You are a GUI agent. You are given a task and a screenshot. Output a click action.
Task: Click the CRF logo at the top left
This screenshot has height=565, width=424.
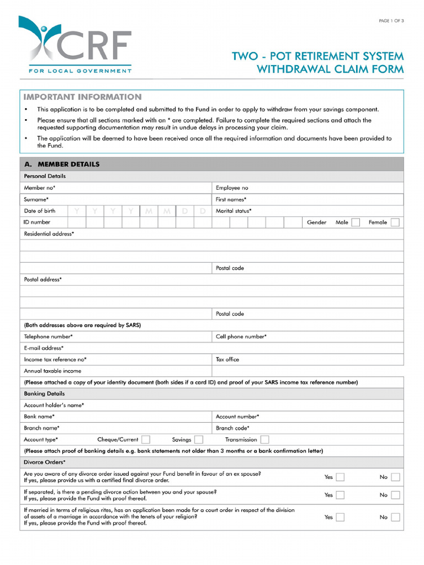point(75,45)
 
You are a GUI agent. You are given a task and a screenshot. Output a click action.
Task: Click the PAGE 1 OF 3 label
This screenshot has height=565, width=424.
point(391,21)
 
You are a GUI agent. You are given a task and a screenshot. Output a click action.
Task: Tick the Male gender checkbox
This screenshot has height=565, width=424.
point(356,222)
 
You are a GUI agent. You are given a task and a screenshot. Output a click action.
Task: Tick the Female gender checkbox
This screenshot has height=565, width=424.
point(394,222)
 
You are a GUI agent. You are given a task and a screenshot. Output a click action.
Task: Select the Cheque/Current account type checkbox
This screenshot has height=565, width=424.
point(146,440)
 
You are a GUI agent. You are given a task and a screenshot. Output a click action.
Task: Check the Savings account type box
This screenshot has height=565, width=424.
point(198,440)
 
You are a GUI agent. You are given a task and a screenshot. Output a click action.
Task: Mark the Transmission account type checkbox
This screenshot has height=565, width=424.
point(264,440)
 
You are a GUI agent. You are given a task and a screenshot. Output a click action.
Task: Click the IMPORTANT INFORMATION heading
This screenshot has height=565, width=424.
point(82,97)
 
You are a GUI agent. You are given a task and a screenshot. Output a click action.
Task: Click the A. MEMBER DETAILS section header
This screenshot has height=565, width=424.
point(62,164)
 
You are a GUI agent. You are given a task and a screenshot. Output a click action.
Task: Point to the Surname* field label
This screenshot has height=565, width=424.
point(36,199)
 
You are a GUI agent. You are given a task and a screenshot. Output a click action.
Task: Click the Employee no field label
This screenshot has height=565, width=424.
point(232,188)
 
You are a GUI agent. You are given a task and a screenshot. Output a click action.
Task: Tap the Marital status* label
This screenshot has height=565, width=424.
point(234,211)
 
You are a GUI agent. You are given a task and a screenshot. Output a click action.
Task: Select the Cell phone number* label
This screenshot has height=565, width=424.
point(241,337)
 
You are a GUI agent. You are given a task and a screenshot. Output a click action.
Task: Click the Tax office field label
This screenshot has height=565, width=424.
point(227,359)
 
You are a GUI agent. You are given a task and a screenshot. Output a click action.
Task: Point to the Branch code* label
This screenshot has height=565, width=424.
point(232,428)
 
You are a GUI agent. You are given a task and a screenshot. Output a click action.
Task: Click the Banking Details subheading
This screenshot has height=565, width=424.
point(44,394)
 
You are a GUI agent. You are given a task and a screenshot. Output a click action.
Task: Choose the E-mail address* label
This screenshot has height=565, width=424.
point(44,348)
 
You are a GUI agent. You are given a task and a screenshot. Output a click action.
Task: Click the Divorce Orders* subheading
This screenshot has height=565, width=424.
point(45,462)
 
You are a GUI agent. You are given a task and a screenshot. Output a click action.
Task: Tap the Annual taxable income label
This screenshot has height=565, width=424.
point(52,371)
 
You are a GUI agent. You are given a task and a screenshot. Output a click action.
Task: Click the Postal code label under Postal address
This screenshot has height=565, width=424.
point(230,314)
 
